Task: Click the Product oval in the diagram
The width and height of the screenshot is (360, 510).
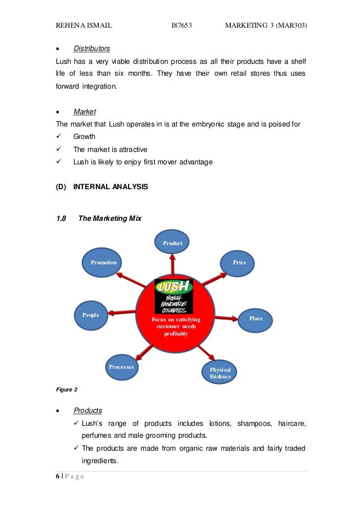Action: [x=173, y=242]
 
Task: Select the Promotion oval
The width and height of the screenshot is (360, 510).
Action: [x=104, y=262]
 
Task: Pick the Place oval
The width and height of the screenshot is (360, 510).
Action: [x=256, y=319]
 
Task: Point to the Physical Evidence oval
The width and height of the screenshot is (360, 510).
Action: [x=220, y=372]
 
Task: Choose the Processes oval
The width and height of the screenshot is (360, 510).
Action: [x=121, y=367]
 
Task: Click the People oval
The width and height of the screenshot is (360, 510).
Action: [x=91, y=315]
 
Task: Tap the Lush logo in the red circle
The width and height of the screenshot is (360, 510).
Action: [x=174, y=296]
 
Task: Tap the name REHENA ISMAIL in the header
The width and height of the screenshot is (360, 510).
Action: [x=84, y=25]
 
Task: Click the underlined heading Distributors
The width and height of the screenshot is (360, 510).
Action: [x=91, y=48]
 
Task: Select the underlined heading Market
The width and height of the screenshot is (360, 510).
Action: [x=85, y=112]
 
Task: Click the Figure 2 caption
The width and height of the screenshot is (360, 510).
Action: [x=67, y=389]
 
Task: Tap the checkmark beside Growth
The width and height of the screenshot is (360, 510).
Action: [x=59, y=137]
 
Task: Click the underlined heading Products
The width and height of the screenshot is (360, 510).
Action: [x=87, y=410]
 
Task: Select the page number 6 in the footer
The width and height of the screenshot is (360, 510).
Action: [x=57, y=476]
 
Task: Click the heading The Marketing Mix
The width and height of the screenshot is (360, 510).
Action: [x=110, y=218]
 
